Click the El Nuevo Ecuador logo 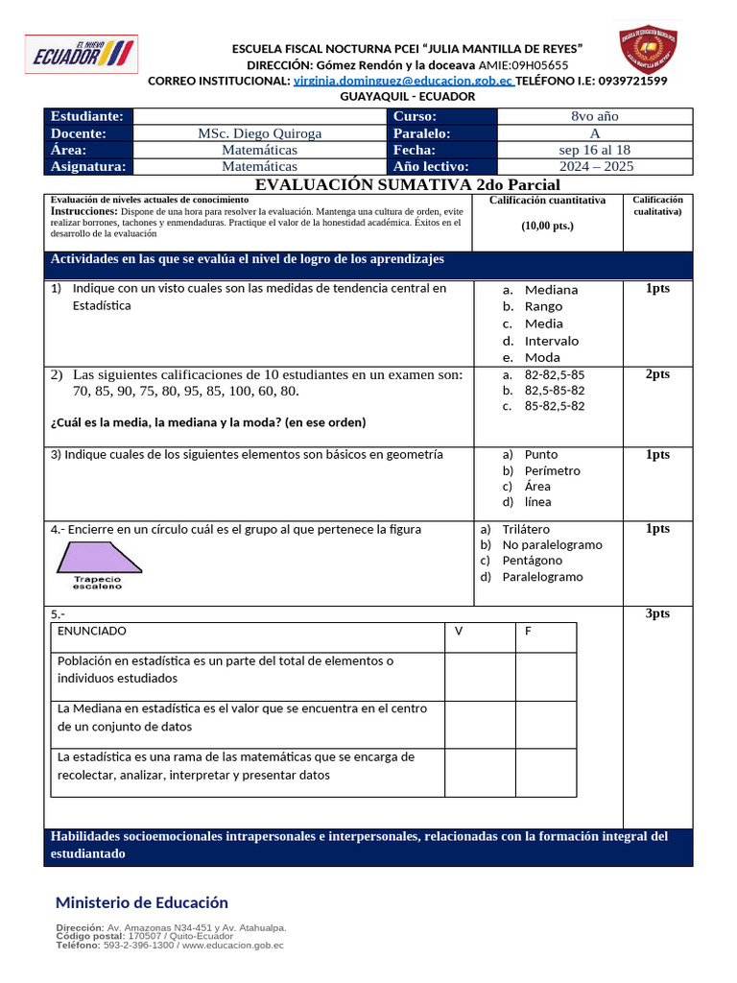(81, 55)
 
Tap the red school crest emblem (651, 50)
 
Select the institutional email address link (403, 81)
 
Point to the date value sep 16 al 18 (595, 150)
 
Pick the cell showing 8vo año (595, 116)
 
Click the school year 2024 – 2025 (595, 166)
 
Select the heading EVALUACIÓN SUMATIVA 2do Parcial (408, 184)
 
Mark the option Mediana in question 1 (551, 289)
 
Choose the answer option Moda (542, 357)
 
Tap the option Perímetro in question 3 (552, 470)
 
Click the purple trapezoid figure (98, 558)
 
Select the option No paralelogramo (552, 544)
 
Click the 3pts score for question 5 (657, 613)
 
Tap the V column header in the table (459, 631)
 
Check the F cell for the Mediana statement (546, 724)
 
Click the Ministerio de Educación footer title (142, 902)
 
